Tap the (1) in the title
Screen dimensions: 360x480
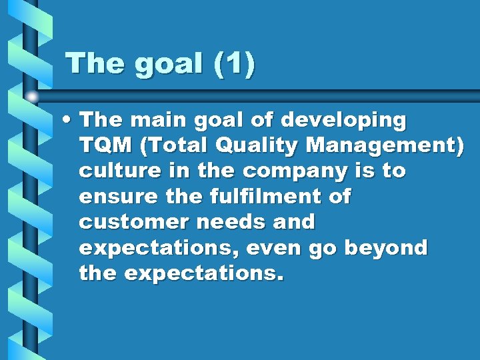click(x=234, y=65)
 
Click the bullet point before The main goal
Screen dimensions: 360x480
click(x=69, y=121)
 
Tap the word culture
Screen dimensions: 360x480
click(x=118, y=171)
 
